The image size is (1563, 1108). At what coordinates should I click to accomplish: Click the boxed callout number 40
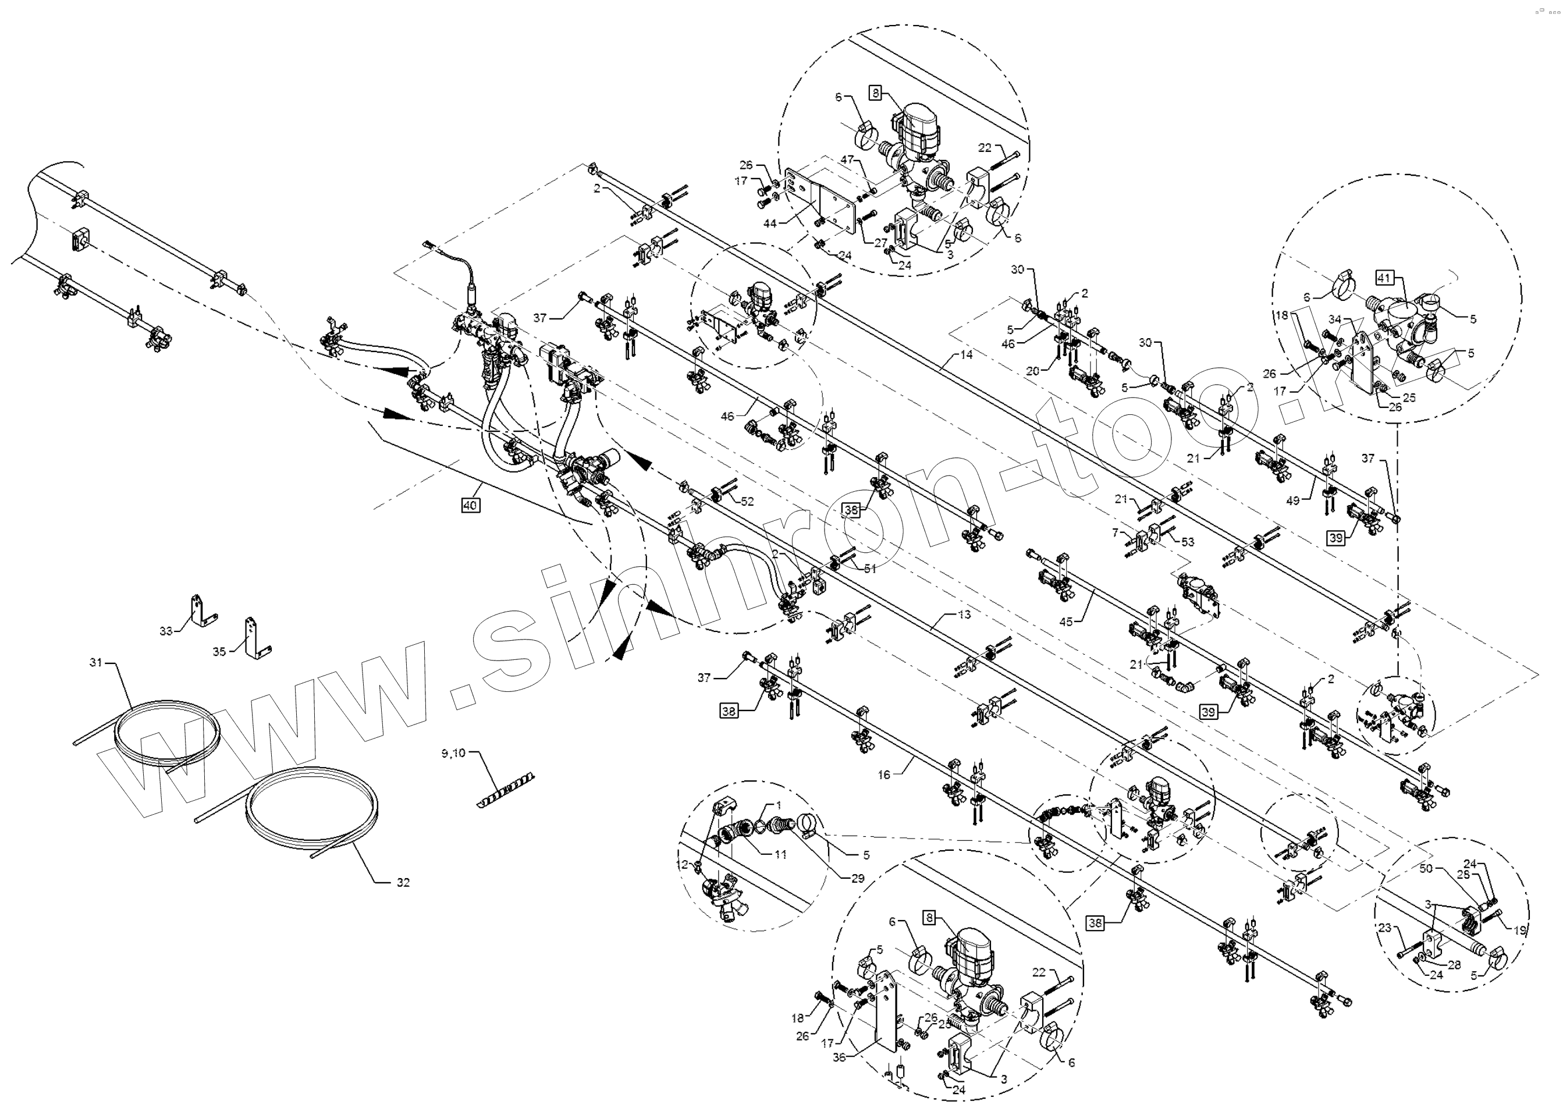[x=470, y=506]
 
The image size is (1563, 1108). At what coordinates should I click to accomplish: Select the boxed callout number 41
[x=1384, y=278]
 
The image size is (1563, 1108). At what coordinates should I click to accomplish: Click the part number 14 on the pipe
[x=965, y=355]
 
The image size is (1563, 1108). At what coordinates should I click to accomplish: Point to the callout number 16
[x=883, y=775]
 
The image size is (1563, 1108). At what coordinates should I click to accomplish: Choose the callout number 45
[x=1065, y=621]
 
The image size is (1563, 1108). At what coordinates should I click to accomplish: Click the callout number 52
[x=747, y=502]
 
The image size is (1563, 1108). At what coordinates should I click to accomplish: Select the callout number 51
[x=869, y=569]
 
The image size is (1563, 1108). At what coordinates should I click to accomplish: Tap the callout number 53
[x=1188, y=542]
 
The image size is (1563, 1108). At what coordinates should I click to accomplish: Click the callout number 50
[x=1425, y=868]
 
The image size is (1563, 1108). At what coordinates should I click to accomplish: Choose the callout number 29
[x=858, y=878]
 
